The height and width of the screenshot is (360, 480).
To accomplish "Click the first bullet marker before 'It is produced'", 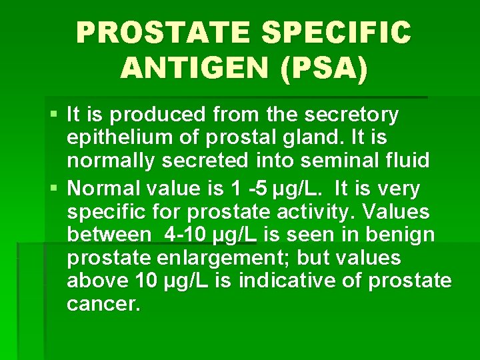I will (x=55, y=115).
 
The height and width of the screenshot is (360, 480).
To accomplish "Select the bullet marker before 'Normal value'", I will (x=55, y=189).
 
